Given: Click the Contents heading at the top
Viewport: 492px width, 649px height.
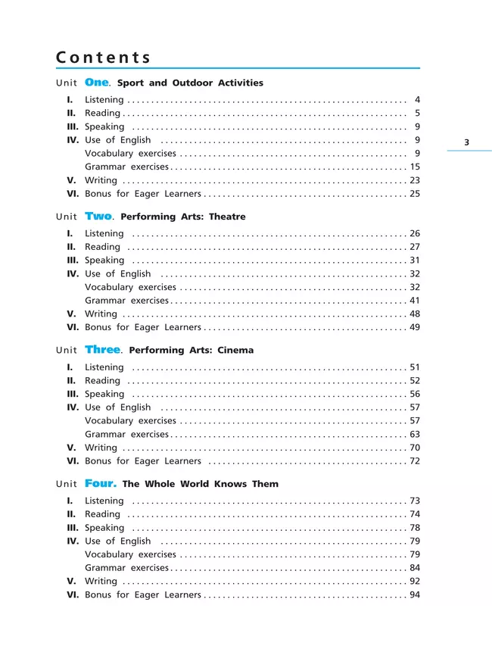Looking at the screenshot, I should pyautogui.click(x=104, y=58).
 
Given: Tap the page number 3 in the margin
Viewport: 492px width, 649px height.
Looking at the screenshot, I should pyautogui.click(x=466, y=142).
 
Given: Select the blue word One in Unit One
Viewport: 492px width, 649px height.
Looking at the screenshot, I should pyautogui.click(x=98, y=82).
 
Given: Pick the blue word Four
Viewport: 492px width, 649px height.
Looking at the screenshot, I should pyautogui.click(x=101, y=483).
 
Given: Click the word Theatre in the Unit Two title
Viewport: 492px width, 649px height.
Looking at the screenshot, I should pyautogui.click(x=227, y=217).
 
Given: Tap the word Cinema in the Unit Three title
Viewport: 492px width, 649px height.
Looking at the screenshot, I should pyautogui.click(x=235, y=351).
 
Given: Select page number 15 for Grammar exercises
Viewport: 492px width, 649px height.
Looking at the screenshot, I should pyautogui.click(x=414, y=167).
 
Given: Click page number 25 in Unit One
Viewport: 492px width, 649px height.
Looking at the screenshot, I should pyautogui.click(x=414, y=194).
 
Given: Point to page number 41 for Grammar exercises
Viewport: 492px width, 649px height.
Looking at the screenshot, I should pyautogui.click(x=414, y=301).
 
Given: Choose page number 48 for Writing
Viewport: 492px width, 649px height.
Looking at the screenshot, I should pyautogui.click(x=414, y=314).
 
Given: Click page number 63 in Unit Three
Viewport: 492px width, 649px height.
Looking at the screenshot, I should pyautogui.click(x=414, y=434).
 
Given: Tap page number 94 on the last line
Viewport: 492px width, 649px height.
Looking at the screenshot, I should pyautogui.click(x=414, y=595).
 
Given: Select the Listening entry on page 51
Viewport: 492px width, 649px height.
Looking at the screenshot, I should pyautogui.click(x=104, y=367).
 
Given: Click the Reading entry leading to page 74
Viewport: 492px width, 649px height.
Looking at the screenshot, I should pyautogui.click(x=102, y=514).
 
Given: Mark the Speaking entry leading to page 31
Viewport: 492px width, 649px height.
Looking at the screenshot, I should pyautogui.click(x=104, y=261).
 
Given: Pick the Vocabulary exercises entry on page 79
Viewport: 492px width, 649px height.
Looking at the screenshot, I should pyautogui.click(x=130, y=554).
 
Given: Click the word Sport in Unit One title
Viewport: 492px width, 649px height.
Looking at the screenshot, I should pyautogui.click(x=132, y=83).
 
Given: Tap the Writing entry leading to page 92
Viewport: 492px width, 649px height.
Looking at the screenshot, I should pyautogui.click(x=101, y=582).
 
